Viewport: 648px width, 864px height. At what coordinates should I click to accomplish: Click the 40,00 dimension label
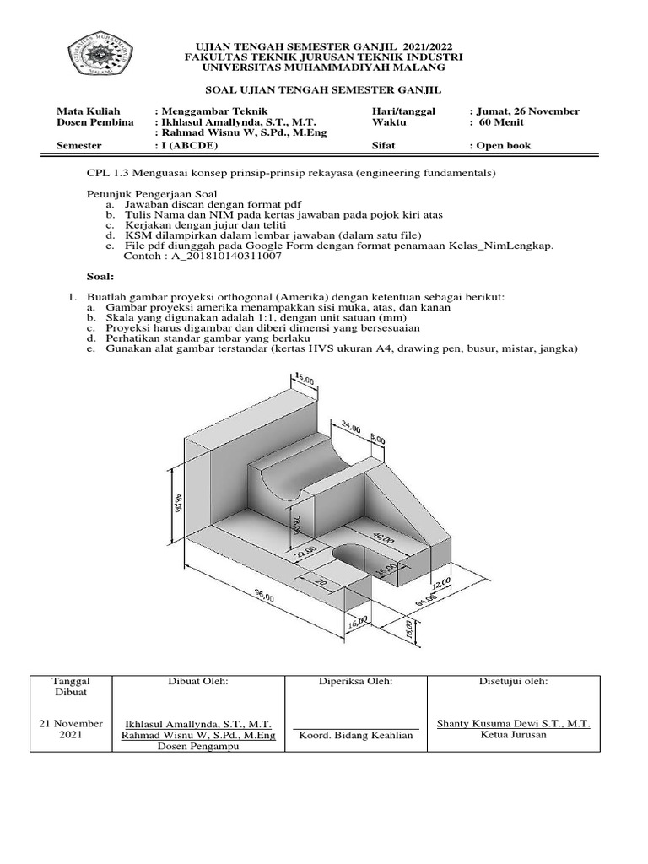point(381,537)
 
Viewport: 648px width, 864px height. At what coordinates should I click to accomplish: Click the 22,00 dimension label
point(305,553)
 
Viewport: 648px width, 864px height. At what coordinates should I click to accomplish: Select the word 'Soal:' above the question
point(100,276)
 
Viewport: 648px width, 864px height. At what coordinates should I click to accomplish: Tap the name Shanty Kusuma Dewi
point(513,724)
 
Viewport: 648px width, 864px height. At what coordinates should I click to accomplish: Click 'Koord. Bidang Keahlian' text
point(356,735)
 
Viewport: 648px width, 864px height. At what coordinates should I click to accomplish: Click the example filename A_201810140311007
point(202,256)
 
